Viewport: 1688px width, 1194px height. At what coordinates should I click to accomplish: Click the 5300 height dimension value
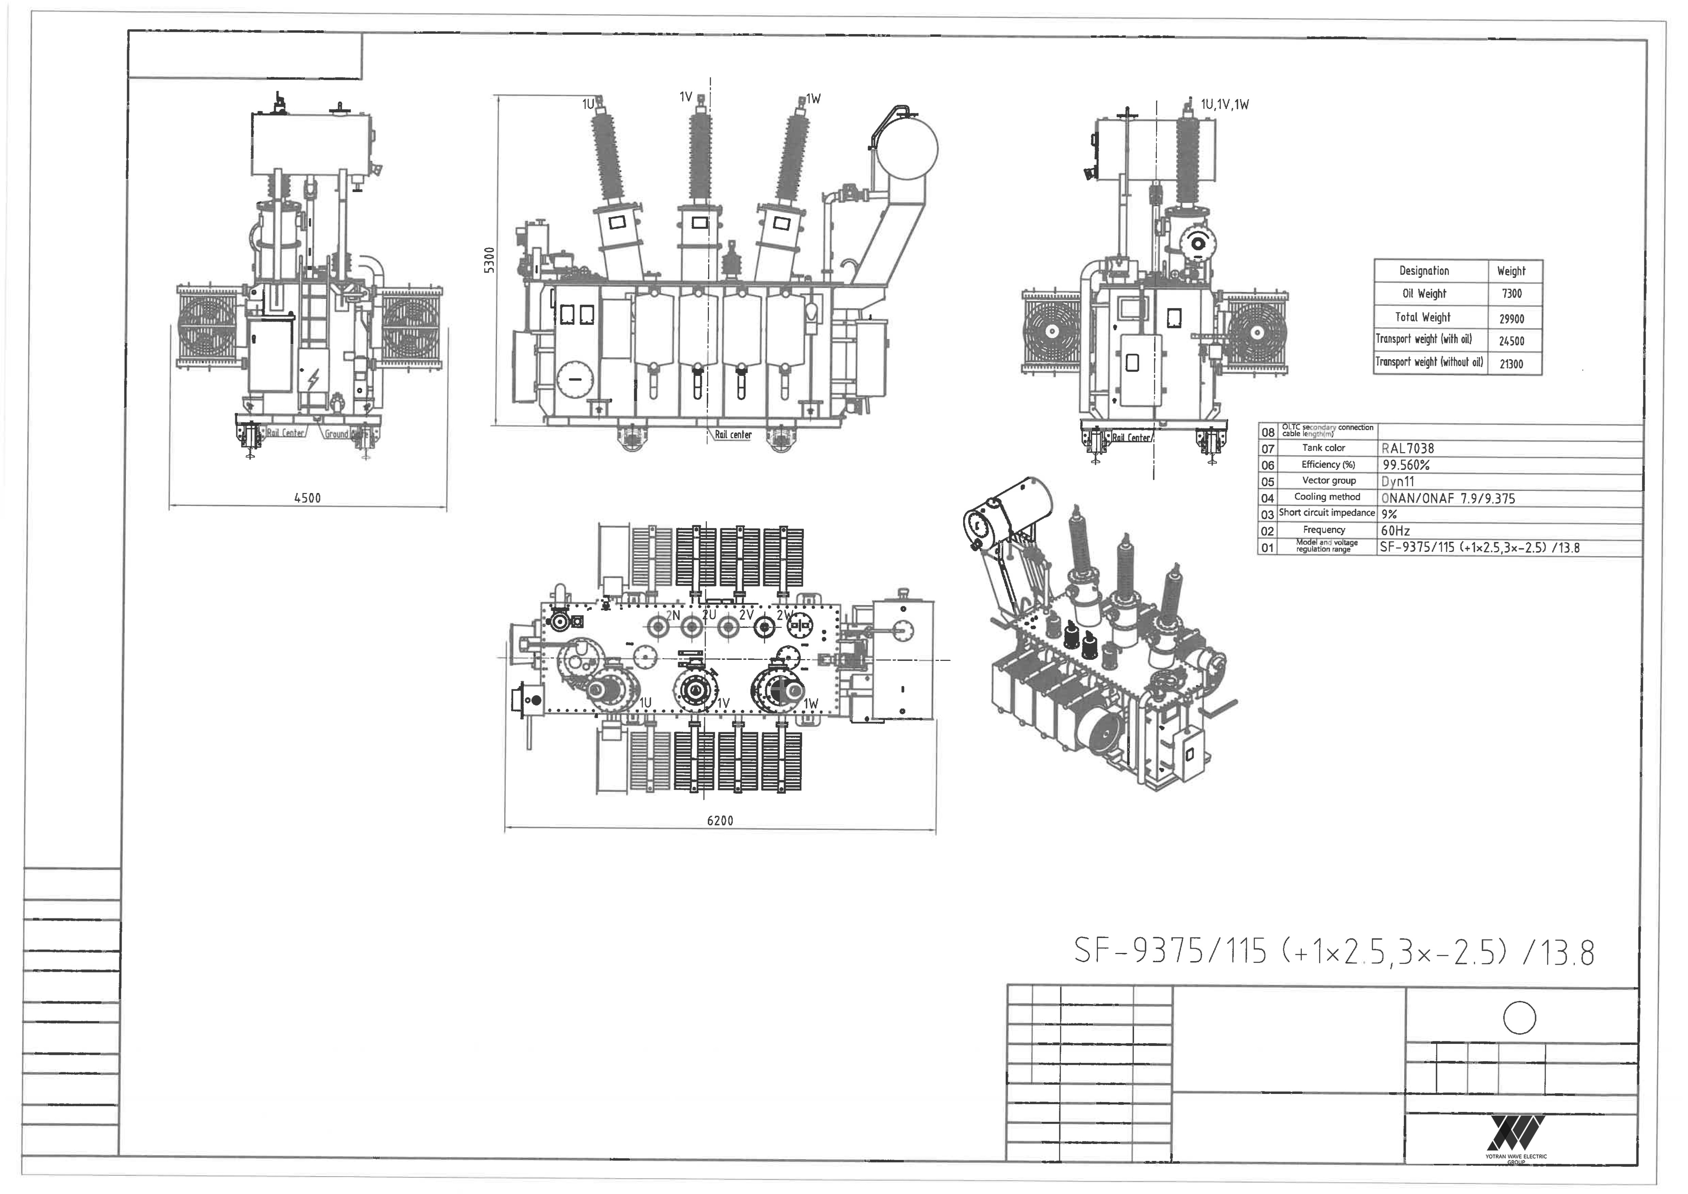[490, 260]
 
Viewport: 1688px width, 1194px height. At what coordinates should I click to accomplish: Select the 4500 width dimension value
[307, 498]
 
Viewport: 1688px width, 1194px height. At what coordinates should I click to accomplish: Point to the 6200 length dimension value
[720, 820]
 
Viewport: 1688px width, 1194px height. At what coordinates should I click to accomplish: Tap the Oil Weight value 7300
[1511, 294]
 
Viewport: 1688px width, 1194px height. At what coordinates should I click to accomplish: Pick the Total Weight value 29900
[1511, 318]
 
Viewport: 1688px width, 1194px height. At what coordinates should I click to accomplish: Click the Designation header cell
[1424, 271]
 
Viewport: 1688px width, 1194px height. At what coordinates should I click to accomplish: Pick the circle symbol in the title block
[1520, 1018]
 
